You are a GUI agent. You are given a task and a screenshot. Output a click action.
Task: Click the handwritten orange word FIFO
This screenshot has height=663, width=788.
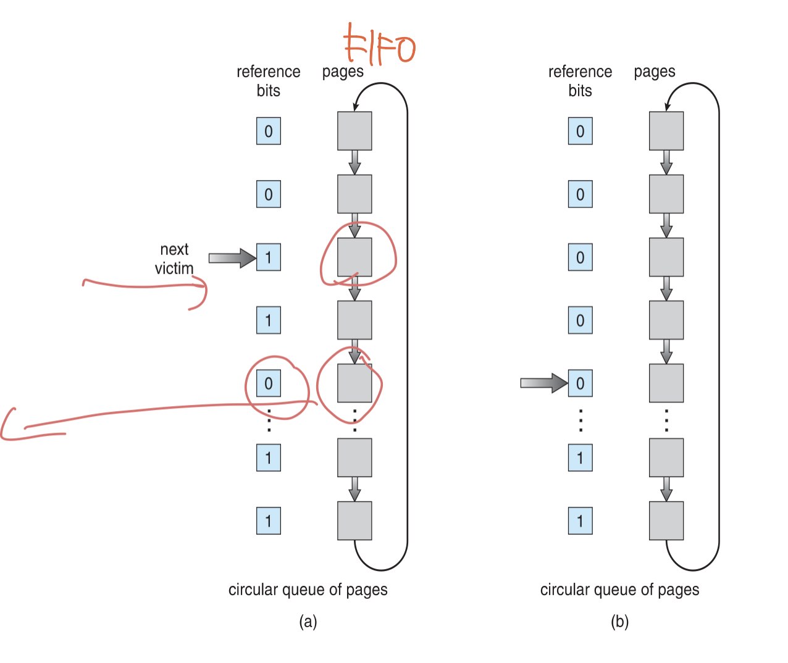click(379, 44)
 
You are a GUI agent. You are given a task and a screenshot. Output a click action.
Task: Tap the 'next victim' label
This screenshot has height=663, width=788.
click(174, 259)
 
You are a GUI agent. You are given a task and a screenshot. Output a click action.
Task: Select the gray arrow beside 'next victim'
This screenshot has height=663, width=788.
click(232, 258)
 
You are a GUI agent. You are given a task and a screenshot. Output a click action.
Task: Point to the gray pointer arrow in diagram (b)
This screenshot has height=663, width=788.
click(543, 383)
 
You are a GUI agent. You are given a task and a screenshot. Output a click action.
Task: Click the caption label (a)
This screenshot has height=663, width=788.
click(308, 621)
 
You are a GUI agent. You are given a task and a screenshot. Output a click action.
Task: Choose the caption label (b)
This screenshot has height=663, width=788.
click(619, 621)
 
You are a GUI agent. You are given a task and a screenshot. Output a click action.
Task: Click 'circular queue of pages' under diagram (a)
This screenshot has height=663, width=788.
click(308, 590)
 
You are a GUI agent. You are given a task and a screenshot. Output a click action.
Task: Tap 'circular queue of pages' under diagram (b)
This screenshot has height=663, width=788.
click(619, 590)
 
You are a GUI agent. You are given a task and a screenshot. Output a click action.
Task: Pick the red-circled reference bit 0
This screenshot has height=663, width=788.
click(269, 383)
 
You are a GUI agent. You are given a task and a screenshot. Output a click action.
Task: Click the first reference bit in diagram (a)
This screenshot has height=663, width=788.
click(269, 131)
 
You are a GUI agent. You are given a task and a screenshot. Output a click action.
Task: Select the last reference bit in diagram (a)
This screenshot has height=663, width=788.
click(269, 520)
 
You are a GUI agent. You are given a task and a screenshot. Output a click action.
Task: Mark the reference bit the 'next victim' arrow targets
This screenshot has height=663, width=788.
click(269, 257)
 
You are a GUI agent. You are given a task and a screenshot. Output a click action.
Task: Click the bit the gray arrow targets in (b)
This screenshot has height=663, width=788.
click(580, 383)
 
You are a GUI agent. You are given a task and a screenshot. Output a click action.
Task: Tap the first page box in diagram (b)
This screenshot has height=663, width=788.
click(666, 131)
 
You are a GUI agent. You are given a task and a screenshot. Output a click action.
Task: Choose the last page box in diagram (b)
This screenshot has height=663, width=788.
click(666, 520)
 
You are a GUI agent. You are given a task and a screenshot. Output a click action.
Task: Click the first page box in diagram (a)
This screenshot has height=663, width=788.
click(354, 131)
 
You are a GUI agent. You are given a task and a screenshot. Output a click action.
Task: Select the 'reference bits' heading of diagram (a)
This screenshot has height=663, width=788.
click(269, 81)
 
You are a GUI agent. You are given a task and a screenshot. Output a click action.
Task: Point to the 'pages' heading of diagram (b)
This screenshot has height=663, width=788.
click(654, 72)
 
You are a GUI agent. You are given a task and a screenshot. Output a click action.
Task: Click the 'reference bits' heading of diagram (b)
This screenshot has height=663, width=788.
click(580, 81)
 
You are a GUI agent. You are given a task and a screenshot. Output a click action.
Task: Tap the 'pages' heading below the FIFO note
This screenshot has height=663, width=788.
click(343, 72)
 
